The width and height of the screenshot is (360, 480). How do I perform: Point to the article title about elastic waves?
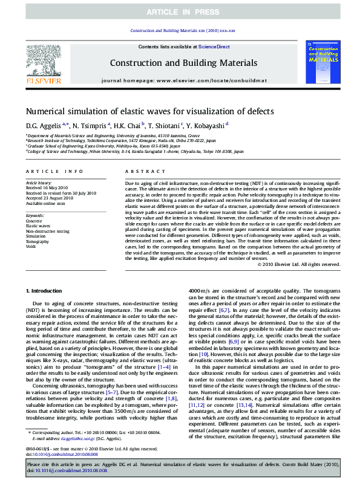[149, 111]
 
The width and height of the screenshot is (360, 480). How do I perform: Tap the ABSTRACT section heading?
[141, 172]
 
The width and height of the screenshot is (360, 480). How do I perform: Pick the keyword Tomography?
[39, 241]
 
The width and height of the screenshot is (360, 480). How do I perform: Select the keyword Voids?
[31, 247]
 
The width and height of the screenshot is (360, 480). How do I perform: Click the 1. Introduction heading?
[46, 291]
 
